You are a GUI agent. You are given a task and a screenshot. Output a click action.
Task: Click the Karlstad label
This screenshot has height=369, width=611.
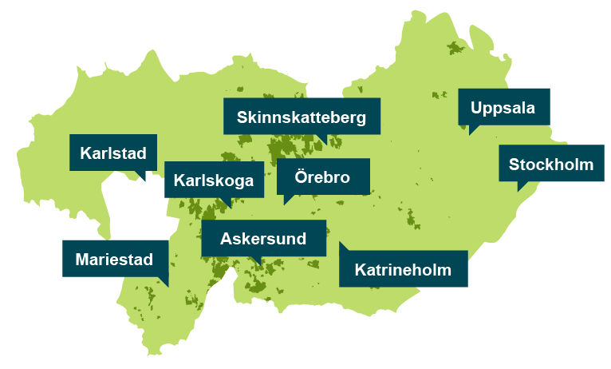(112, 152)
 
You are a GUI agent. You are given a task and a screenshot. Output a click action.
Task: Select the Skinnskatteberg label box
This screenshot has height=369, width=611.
(302, 117)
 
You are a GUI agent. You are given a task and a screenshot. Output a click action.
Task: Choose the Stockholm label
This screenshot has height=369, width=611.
(551, 165)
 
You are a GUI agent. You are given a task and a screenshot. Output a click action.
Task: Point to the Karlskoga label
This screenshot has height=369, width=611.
(214, 180)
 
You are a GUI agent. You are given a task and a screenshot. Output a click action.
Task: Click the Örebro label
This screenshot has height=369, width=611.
(323, 177)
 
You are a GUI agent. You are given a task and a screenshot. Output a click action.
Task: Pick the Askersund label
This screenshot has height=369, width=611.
(263, 238)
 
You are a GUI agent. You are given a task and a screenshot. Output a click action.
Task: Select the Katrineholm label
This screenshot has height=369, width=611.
(403, 269)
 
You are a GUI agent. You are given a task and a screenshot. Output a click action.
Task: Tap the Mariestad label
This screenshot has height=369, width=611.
(115, 259)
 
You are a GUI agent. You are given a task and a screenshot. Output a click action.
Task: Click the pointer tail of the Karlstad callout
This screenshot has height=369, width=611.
(143, 177)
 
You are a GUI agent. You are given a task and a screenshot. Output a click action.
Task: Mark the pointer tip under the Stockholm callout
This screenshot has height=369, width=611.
(519, 188)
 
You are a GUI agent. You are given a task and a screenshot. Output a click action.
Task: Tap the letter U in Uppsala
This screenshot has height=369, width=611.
(477, 107)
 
